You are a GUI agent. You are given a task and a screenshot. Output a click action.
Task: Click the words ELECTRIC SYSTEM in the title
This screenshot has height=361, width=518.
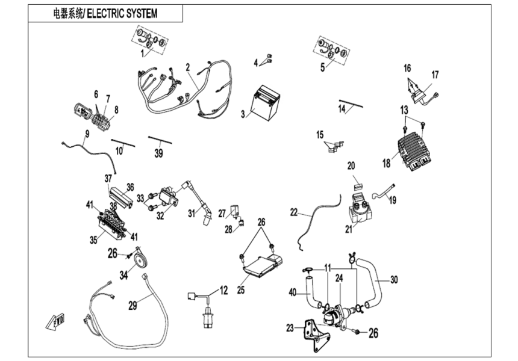click(122, 13)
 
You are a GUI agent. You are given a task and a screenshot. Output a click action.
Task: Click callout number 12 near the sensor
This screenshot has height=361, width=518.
click(223, 291)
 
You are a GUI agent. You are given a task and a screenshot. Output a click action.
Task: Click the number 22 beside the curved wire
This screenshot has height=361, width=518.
click(294, 212)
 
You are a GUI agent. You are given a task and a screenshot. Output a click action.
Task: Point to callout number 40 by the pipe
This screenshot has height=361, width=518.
click(293, 293)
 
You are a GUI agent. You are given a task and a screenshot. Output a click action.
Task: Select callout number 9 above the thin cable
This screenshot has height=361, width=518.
click(87, 134)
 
